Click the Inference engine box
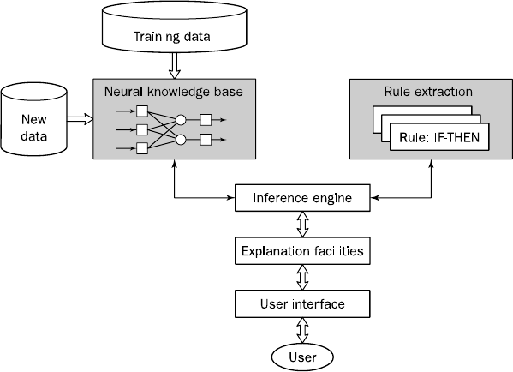(x=302, y=198)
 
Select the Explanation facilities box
(x=302, y=251)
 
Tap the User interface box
(x=302, y=304)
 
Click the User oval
(x=302, y=357)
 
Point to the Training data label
(x=172, y=36)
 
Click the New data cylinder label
(x=33, y=128)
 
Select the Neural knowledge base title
(x=174, y=92)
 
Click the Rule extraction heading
(x=428, y=92)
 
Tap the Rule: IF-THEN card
(x=439, y=137)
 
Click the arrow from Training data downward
(x=174, y=66)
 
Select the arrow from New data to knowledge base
(x=81, y=118)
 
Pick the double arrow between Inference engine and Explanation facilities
(x=302, y=225)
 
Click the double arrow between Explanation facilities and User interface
(x=302, y=278)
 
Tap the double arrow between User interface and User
(x=302, y=330)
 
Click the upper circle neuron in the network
(x=181, y=120)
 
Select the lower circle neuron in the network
(x=181, y=140)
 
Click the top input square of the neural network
(x=142, y=111)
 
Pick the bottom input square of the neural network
(x=142, y=148)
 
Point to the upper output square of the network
(x=206, y=120)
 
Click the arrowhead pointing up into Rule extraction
(x=431, y=163)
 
